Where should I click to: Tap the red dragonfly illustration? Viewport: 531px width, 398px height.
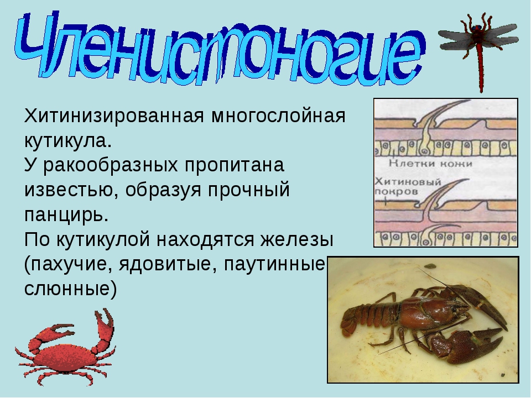[478, 51]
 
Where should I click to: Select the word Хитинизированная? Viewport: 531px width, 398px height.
[114, 116]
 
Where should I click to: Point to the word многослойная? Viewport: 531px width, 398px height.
[278, 117]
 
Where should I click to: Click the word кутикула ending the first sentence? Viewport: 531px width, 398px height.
[67, 140]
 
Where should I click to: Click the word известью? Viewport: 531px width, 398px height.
[71, 190]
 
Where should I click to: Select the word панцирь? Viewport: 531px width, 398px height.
[66, 215]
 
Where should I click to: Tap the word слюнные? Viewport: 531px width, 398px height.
[70, 289]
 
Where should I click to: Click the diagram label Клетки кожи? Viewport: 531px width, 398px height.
[430, 164]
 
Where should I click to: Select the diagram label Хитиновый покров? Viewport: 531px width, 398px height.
[408, 186]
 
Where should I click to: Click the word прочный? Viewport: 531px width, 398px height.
[249, 190]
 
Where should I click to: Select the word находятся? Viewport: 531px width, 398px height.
[205, 239]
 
